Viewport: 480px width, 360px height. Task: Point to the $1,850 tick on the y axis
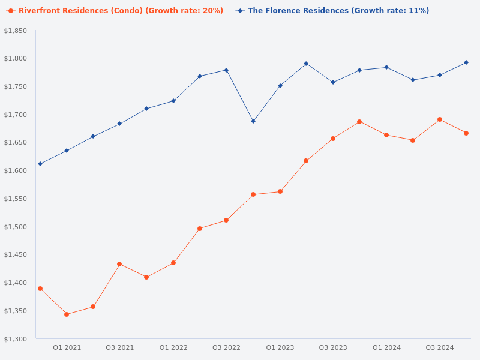click(x=16, y=31)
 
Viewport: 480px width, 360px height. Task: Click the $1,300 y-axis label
click(x=16, y=339)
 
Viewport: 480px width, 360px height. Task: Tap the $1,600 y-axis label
click(x=16, y=170)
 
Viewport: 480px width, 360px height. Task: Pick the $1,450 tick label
click(x=16, y=255)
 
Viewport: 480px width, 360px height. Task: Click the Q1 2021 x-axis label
click(x=67, y=347)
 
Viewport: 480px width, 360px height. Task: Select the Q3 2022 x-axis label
click(x=226, y=347)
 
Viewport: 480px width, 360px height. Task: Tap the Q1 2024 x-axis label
click(x=386, y=347)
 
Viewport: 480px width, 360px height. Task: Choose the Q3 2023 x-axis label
click(x=333, y=347)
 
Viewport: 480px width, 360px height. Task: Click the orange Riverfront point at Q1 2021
click(x=67, y=314)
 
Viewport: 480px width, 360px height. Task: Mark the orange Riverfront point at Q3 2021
click(x=119, y=264)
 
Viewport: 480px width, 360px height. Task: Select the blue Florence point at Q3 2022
click(x=226, y=70)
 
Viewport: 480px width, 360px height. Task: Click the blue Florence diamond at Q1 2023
click(x=280, y=86)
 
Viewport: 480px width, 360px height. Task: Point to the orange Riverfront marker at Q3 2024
click(x=440, y=119)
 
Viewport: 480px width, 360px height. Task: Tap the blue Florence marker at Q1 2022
click(x=173, y=101)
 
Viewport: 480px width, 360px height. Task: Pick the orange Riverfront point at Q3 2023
click(x=333, y=139)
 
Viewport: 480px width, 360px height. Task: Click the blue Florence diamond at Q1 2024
click(x=386, y=67)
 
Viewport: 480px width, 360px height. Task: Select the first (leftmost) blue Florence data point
click(x=40, y=164)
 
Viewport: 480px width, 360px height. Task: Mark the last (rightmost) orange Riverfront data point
click(x=466, y=133)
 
